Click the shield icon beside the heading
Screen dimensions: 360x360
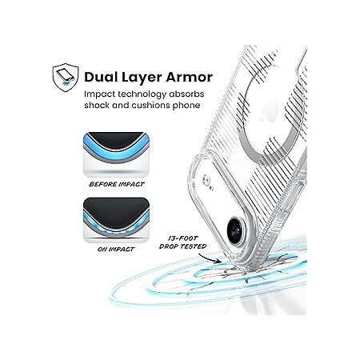click(x=66, y=78)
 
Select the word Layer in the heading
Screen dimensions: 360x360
click(x=142, y=78)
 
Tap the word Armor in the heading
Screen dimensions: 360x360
click(x=190, y=77)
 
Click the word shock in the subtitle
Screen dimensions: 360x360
click(x=97, y=105)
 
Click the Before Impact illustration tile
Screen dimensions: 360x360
click(x=116, y=154)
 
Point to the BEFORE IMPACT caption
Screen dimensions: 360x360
click(x=117, y=184)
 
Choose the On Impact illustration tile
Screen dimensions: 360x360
click(x=116, y=220)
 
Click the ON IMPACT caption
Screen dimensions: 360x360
click(x=116, y=250)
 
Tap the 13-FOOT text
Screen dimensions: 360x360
click(x=183, y=238)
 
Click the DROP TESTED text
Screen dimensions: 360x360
click(x=182, y=246)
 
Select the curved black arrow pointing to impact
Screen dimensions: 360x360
click(x=209, y=258)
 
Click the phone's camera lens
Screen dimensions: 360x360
click(x=235, y=230)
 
